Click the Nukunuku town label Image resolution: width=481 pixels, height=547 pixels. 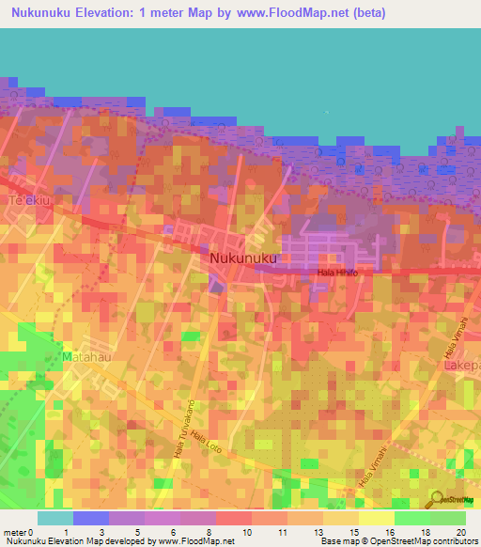tap(243, 257)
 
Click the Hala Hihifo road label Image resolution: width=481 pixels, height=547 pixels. tap(338, 273)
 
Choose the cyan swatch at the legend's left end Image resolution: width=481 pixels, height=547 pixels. tap(54, 518)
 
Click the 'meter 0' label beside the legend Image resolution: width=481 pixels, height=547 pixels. tap(18, 533)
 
